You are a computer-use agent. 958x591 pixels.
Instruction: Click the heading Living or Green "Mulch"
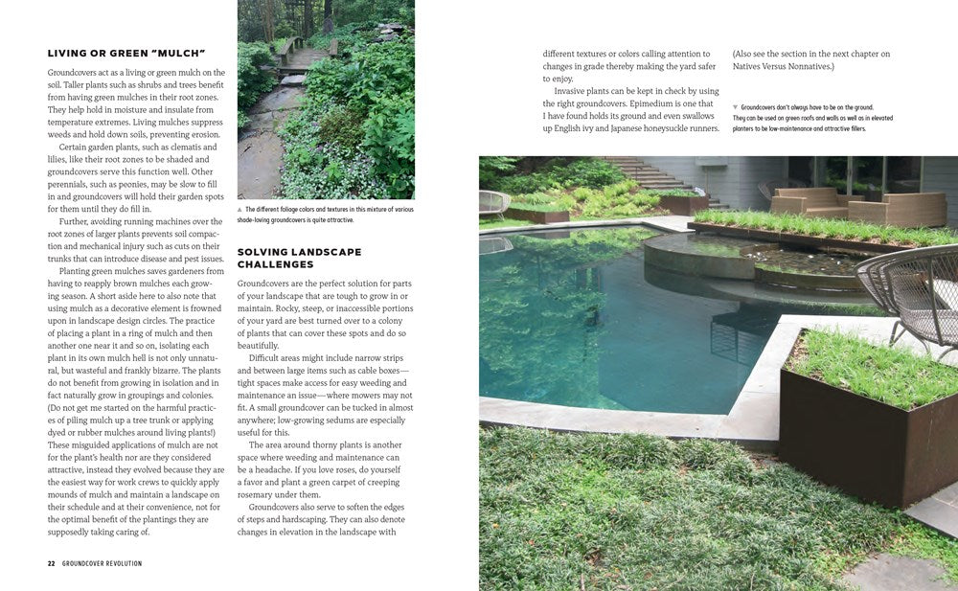[x=125, y=54]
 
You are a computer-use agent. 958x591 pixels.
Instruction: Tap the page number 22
[x=51, y=563]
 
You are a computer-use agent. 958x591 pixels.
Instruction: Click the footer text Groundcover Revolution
[x=102, y=563]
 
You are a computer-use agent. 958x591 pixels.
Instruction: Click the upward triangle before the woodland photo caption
[x=239, y=209]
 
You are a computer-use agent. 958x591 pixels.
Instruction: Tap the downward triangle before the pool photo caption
[x=735, y=107]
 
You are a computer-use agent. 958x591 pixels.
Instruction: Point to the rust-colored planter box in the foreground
[x=862, y=431]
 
